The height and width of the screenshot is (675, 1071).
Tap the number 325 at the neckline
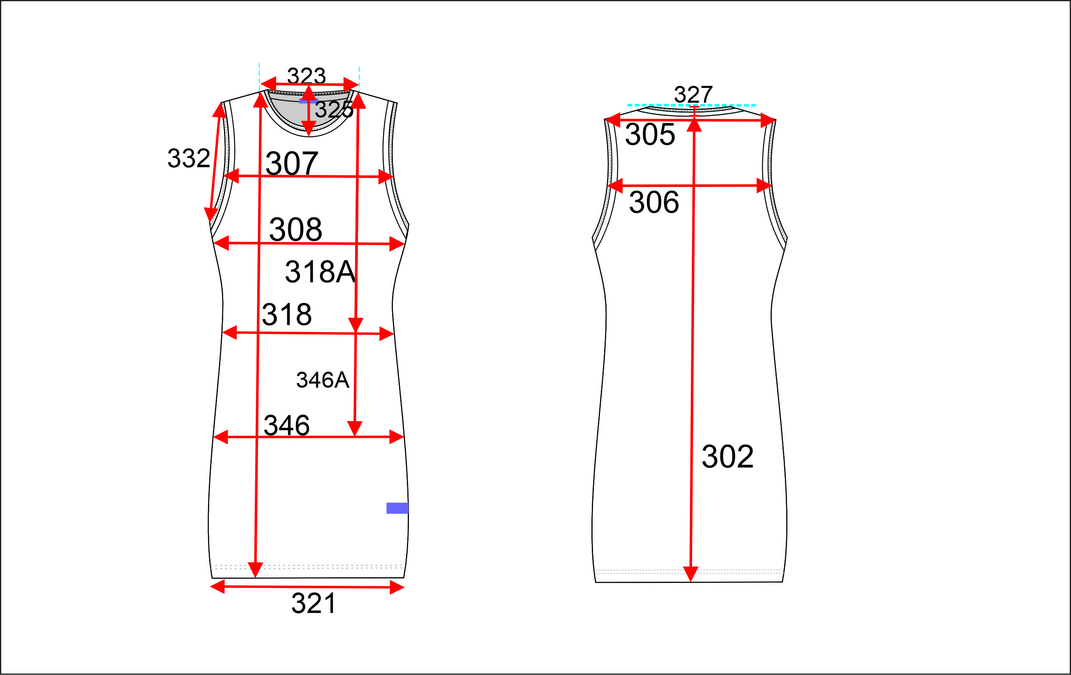(334, 109)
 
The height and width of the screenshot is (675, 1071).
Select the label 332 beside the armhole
(189, 158)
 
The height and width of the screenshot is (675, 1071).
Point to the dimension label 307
(292, 163)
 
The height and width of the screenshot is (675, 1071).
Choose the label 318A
(320, 272)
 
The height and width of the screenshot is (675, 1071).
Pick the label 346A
(323, 380)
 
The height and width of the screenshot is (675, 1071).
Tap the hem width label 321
(314, 604)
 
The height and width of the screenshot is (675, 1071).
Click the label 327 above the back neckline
(693, 94)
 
